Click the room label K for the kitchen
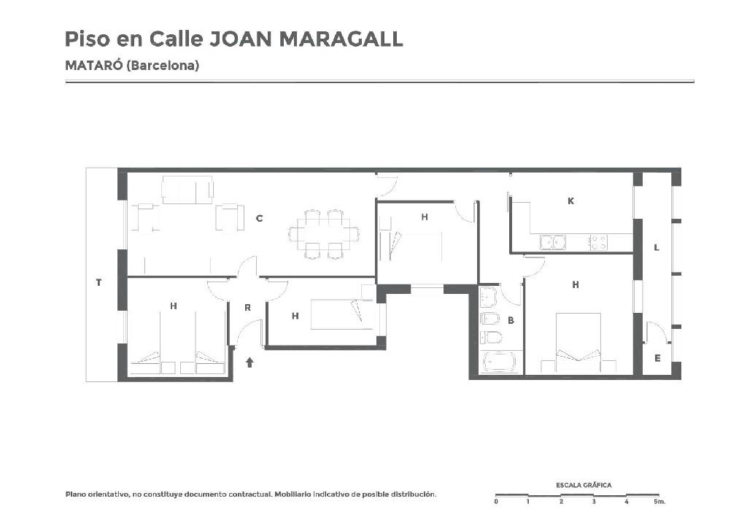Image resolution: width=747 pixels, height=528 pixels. click(570, 201)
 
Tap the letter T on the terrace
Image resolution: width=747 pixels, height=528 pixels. click(98, 282)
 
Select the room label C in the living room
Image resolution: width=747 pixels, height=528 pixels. click(259, 219)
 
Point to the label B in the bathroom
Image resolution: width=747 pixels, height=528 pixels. click(511, 320)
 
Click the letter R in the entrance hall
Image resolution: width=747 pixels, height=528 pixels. click(247, 308)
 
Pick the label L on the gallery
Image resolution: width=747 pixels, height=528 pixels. click(657, 247)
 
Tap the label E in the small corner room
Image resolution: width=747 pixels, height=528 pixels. click(657, 358)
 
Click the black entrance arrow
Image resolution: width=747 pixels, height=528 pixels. click(249, 362)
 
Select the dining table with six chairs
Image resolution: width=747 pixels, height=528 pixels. click(324, 234)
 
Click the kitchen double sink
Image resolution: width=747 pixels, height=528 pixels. click(553, 242)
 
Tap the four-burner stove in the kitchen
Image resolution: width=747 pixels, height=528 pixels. click(598, 242)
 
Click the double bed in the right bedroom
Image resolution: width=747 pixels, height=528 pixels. click(578, 343)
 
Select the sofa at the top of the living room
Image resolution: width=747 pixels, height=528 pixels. click(187, 190)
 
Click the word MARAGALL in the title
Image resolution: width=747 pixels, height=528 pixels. click(341, 39)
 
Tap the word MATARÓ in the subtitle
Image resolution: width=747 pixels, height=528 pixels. click(94, 65)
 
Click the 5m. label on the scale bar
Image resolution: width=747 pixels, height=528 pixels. click(659, 502)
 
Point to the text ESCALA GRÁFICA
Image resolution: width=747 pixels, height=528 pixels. click(584, 485)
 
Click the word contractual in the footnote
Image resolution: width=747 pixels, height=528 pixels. click(249, 494)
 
